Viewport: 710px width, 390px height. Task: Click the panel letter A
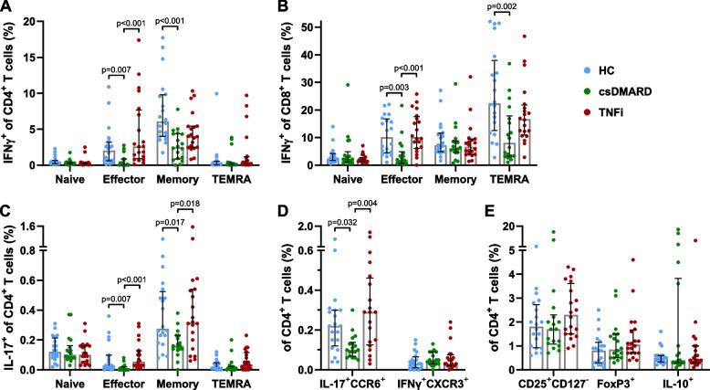pyautogui.click(x=6, y=7)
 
